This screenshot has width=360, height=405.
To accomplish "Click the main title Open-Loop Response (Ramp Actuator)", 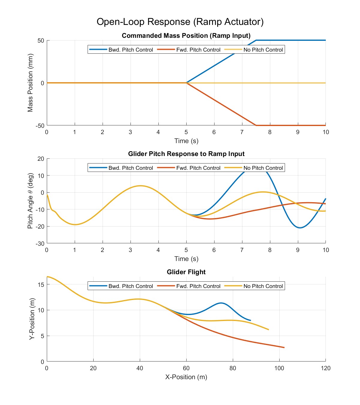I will (x=180, y=22).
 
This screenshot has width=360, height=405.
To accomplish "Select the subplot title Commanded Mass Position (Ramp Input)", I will (x=186, y=36).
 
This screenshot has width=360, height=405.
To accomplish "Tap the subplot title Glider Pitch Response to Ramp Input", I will (x=186, y=154).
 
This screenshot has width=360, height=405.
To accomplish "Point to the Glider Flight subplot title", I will (x=186, y=272).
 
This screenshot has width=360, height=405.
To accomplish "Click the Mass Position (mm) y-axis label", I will (x=30, y=83).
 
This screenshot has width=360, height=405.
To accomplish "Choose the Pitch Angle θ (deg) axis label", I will (x=30, y=201).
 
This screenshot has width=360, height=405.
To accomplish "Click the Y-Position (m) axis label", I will (x=32, y=319).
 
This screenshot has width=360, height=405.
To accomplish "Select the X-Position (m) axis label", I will (x=186, y=377).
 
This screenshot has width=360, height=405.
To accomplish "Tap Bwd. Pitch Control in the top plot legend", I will (x=130, y=50).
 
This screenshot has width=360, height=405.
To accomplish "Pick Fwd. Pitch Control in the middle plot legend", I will (x=198, y=168).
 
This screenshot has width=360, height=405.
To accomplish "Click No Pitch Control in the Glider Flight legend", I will (x=263, y=286).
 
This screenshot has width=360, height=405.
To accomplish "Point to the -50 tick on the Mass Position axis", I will (x=40, y=126).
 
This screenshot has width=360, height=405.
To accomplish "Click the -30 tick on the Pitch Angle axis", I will (x=40, y=244).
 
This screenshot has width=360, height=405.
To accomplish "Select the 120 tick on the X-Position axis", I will (x=325, y=368).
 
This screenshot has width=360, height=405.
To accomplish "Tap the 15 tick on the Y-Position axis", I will (x=41, y=284).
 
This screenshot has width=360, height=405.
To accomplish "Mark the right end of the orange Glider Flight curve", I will (x=284, y=348).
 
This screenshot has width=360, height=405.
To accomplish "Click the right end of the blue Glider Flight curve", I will (x=250, y=320).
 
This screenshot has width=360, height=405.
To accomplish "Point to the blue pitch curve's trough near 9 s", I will (x=300, y=228).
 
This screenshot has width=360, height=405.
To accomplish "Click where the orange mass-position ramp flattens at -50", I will (x=256, y=125).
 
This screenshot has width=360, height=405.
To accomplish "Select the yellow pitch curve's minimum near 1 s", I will (x=75, y=224).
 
